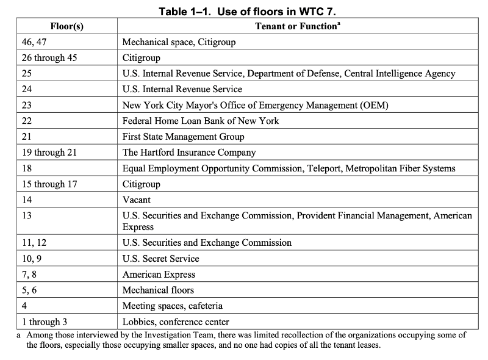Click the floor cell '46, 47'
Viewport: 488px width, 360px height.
35,42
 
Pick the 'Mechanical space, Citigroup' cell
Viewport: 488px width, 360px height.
179,42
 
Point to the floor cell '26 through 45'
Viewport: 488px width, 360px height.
49,58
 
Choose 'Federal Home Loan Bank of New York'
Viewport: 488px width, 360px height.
201,121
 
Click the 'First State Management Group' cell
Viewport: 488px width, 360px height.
183,137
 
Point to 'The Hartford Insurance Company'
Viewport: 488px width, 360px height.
189,153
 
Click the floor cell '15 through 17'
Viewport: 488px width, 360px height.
49,184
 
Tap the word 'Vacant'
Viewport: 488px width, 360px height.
137,200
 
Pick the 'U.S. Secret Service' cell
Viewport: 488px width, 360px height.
161,258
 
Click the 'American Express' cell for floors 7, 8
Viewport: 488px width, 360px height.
159,274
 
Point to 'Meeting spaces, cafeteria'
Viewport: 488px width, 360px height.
173,306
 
